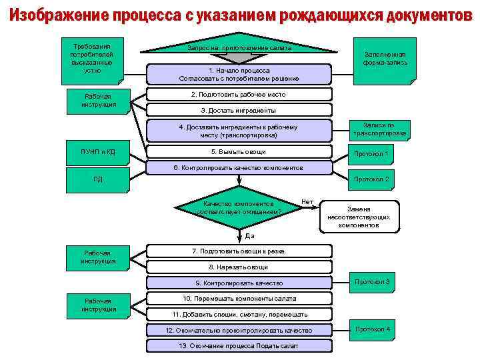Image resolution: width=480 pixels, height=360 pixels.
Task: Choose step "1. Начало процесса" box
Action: (x=239, y=74)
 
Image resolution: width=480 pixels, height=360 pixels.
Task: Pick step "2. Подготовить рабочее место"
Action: (x=239, y=95)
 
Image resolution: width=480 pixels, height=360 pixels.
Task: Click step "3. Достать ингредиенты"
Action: (x=239, y=110)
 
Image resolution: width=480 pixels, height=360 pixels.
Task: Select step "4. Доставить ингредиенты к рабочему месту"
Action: (x=239, y=131)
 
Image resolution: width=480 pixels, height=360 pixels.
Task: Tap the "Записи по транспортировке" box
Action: (x=379, y=129)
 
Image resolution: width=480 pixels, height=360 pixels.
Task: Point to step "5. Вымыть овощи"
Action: (x=239, y=151)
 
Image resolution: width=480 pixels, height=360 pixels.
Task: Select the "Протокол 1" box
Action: (x=371, y=155)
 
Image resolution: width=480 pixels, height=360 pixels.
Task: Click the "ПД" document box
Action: (x=98, y=179)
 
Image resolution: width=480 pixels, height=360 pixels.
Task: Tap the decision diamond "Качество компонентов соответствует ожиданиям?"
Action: (x=239, y=207)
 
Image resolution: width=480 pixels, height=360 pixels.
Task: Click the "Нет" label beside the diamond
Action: (x=307, y=201)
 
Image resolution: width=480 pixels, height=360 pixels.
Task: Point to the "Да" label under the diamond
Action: (x=249, y=235)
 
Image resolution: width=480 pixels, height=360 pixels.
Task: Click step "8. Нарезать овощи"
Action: (x=239, y=267)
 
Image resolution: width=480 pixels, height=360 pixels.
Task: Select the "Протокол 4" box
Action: (x=373, y=331)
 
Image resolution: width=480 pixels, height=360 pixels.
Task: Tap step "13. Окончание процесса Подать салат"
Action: (x=239, y=346)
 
